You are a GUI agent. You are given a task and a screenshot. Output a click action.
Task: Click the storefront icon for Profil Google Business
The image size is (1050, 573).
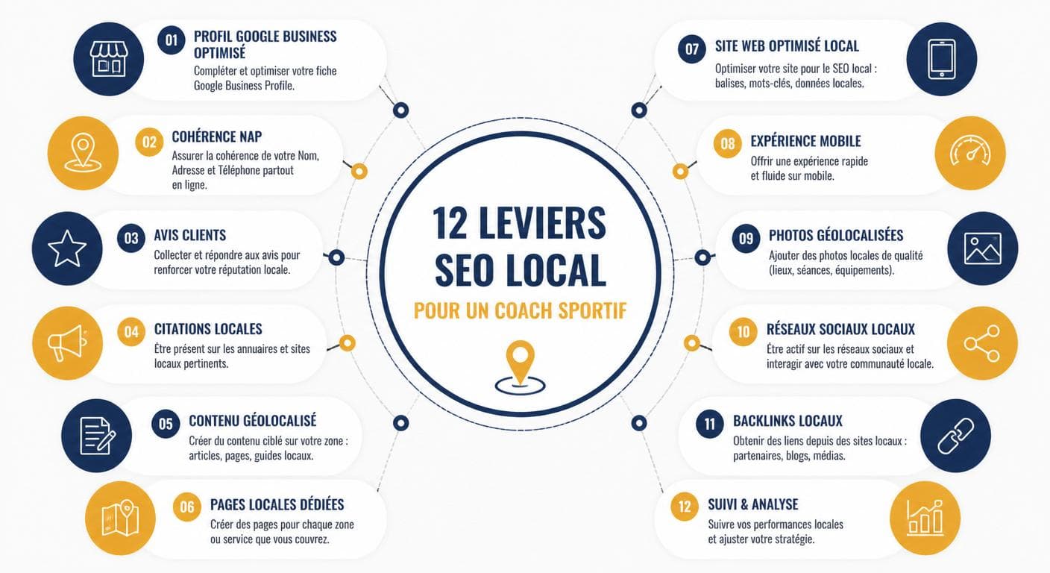109,59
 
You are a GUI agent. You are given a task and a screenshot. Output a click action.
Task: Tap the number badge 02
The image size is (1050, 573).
149,142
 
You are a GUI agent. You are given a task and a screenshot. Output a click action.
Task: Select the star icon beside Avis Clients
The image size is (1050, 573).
67,248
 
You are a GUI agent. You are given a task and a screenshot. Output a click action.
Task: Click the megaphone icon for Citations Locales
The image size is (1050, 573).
67,342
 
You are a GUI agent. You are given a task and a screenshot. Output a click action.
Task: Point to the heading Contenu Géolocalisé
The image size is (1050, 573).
253,421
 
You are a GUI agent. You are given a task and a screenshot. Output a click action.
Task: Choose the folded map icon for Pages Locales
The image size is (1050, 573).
120,518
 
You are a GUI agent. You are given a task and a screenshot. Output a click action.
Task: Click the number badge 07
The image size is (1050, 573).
692,48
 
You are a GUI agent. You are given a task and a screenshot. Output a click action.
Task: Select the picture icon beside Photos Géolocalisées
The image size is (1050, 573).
982,248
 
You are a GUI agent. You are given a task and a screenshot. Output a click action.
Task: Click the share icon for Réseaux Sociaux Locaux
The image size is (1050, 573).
982,344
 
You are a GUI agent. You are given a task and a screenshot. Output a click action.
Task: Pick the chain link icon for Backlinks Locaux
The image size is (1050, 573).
956,436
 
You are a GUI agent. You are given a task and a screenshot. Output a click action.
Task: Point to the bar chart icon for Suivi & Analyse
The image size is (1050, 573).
925,518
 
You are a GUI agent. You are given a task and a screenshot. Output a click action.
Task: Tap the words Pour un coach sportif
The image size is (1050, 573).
520,311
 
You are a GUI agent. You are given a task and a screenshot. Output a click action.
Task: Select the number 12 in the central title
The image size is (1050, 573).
450,223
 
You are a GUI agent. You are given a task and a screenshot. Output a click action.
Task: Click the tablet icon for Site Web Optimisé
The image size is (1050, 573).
942,59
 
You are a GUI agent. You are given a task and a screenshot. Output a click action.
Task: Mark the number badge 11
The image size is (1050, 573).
710,424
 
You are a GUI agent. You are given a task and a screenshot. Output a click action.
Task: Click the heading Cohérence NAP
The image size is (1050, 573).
216,137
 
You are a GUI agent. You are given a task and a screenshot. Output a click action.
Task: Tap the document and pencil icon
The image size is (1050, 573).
97,436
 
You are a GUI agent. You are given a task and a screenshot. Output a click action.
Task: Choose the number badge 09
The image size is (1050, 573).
746,239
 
